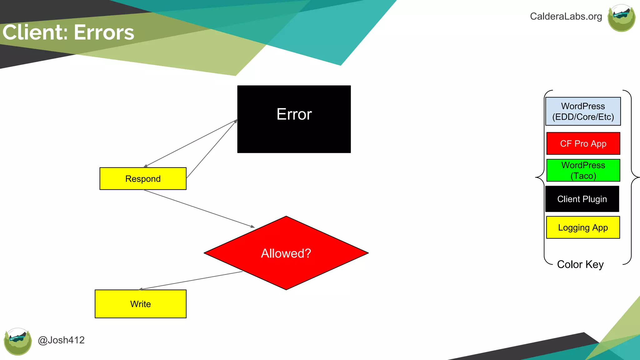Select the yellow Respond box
143,179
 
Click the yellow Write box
141,304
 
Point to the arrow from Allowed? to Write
191,281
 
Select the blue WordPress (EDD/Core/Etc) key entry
583,111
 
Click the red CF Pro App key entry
583,143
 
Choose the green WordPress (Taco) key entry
583,170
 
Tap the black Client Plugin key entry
582,199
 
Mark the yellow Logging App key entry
583,227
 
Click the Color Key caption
580,264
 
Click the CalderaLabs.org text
566,16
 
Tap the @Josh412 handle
61,340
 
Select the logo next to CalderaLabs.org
621,18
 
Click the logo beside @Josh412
18,341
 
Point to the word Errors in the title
104,32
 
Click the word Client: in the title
35,32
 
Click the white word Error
294,114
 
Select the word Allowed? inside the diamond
286,253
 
